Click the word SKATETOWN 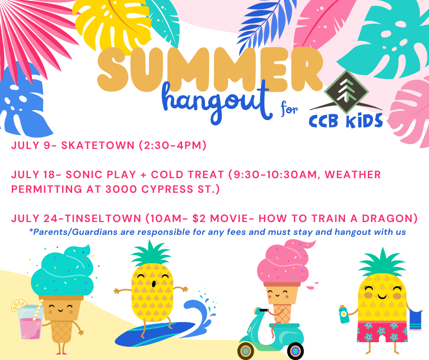(x=98, y=145)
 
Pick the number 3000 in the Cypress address (x=121, y=189)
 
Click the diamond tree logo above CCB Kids (x=346, y=92)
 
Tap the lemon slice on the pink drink (x=19, y=305)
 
